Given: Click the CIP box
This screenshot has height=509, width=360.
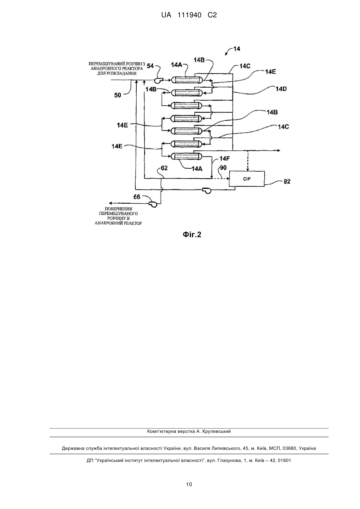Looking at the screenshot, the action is pos(247,179).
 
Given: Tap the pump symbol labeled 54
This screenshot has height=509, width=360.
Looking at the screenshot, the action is pos(158,80).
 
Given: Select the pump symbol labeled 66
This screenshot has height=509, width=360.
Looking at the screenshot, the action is pos(153,204).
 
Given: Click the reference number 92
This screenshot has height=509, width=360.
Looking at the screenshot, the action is pos(287,181).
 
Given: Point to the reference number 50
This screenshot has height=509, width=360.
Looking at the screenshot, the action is pos(117,95).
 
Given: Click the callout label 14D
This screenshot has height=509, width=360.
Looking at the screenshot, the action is pos(281,89).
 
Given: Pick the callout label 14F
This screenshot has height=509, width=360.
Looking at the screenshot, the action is pos(224,159).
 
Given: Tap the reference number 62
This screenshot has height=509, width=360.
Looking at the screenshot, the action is pos(164,168).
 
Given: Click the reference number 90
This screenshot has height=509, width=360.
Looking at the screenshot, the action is pos(223,168).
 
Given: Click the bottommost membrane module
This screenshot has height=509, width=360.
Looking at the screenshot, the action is pos(187,156).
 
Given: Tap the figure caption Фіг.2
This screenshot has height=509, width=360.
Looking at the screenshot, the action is pos(192,235).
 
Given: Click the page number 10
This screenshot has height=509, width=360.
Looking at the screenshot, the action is pos(189,484).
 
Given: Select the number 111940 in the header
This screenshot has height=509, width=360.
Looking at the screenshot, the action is pos(189,15).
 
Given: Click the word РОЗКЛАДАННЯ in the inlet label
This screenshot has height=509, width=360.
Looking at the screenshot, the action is pos(117,74).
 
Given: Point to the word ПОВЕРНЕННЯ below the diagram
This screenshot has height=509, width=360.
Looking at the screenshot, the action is pos(118,209).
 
